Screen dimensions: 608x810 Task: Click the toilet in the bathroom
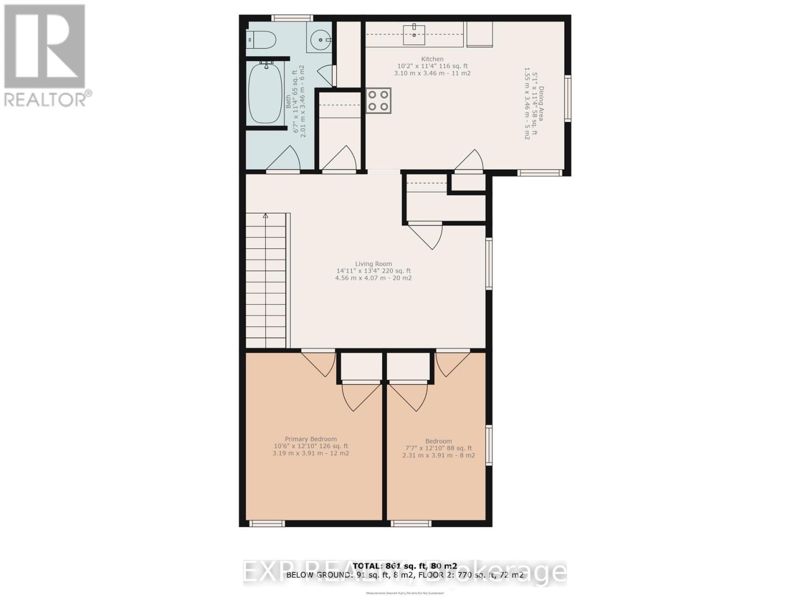pyautogui.click(x=261, y=40)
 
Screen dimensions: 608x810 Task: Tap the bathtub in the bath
pyautogui.click(x=265, y=93)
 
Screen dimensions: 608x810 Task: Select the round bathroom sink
pyautogui.click(x=320, y=40)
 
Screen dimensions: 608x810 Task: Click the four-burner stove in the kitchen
pyautogui.click(x=379, y=100)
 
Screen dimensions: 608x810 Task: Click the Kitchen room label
pyautogui.click(x=432, y=59)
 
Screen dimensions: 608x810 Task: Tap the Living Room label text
pyautogui.click(x=373, y=263)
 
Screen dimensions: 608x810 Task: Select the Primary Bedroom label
pyautogui.click(x=310, y=439)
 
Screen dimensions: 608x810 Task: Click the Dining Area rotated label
pyautogui.click(x=541, y=103)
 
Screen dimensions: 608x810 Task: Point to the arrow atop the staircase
pyautogui.click(x=265, y=216)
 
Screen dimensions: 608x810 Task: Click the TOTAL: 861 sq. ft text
pyautogui.click(x=404, y=566)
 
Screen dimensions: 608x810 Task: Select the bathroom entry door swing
pyautogui.click(x=285, y=159)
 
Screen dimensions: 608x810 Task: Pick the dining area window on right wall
pyautogui.click(x=568, y=98)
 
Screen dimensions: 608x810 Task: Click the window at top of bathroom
pyautogui.click(x=292, y=18)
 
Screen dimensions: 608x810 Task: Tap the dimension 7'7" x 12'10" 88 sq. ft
pyautogui.click(x=438, y=448)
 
